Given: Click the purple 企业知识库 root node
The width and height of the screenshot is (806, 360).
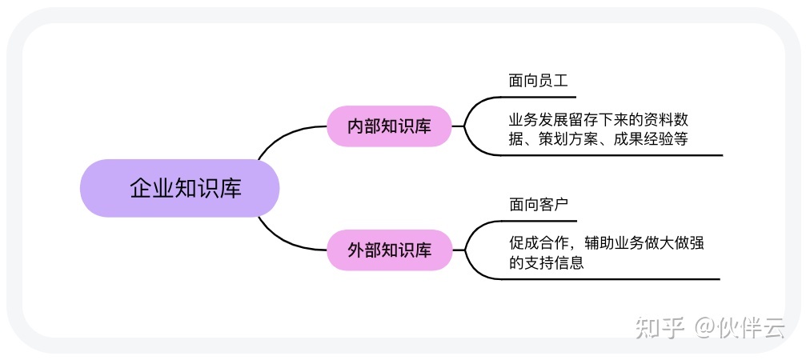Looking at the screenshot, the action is point(179,188).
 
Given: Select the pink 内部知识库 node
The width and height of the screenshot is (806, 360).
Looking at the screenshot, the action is point(389,126).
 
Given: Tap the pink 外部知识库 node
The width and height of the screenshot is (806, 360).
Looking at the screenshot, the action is point(389,250).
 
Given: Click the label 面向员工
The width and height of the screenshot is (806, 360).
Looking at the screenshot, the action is point(538,81).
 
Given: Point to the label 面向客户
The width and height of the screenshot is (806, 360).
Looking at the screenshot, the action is point(538,205).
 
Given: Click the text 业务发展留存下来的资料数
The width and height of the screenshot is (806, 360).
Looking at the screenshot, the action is point(599,120).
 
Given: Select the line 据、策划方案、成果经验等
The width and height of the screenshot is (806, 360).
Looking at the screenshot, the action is point(599,138).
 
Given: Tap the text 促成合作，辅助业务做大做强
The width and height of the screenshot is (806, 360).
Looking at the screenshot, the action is point(606,243).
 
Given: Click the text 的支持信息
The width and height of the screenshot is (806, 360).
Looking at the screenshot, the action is point(546,262).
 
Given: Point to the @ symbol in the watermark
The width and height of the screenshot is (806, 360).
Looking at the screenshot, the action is point(705,327).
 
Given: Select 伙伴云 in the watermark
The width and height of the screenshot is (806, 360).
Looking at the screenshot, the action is point(752,327).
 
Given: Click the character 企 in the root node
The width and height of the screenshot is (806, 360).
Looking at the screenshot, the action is point(140,188).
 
